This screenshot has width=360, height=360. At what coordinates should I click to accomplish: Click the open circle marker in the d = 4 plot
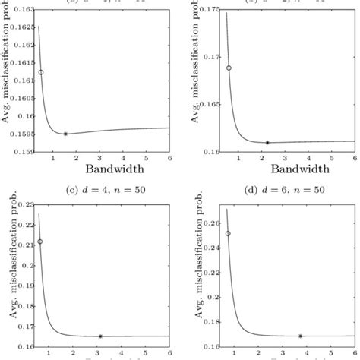[x=40, y=242]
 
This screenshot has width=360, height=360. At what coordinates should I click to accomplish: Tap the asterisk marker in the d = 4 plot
[x=100, y=336]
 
